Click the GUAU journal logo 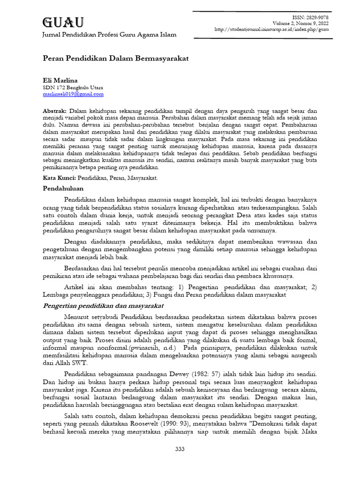tap(63, 22)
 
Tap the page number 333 tap(180, 449)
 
